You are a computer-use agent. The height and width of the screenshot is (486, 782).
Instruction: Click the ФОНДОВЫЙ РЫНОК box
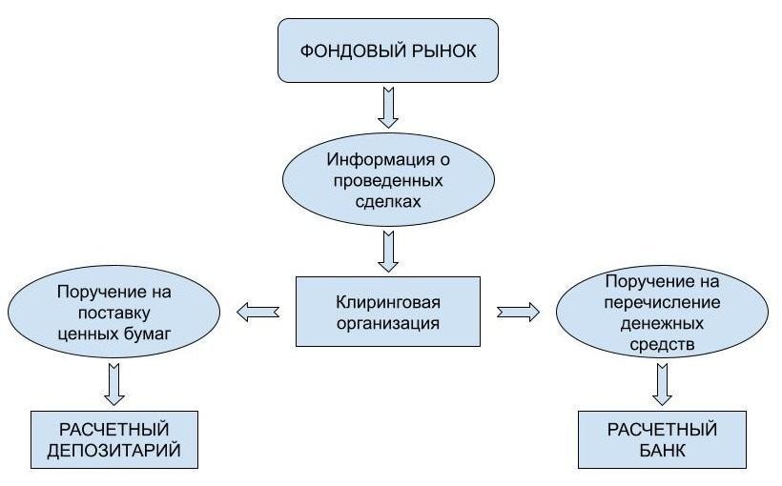(388, 51)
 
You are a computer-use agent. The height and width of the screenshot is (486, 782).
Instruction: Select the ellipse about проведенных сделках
(388, 179)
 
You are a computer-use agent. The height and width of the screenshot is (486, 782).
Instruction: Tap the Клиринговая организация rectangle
(388, 312)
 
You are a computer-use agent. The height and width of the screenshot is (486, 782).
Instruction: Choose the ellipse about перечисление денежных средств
(662, 312)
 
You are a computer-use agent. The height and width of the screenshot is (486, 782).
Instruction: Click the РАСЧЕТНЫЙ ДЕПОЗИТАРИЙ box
(114, 439)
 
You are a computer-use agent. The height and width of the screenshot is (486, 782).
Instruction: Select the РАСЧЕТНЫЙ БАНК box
(662, 439)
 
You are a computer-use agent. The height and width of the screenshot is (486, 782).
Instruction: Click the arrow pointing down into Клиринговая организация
(388, 250)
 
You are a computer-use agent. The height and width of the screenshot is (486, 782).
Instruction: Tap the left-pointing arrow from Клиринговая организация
(257, 311)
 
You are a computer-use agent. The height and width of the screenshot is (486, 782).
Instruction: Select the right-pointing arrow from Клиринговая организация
(518, 311)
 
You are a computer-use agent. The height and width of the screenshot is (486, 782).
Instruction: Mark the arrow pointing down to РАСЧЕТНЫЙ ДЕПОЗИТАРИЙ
(114, 383)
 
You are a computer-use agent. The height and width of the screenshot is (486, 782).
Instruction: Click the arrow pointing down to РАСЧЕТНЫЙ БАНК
(662, 383)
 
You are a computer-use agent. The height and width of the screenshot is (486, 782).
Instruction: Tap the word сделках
(388, 201)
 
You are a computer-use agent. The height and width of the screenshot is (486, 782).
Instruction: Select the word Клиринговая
(388, 302)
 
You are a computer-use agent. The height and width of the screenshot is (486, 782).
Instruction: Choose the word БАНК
(662, 450)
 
